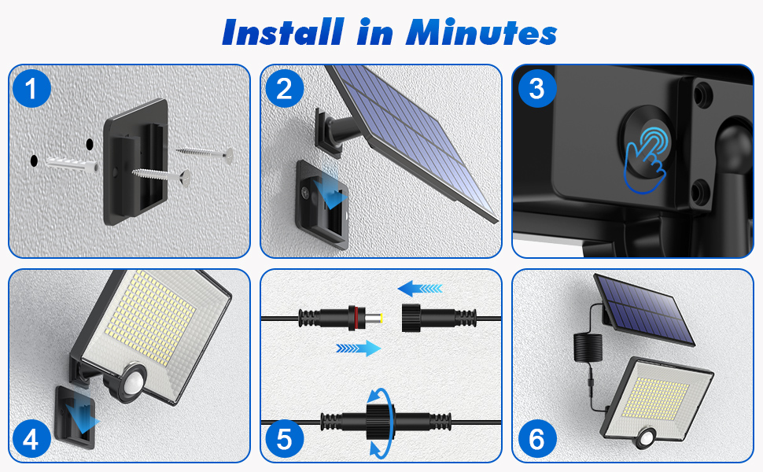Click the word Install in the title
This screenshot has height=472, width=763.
tap(282, 32)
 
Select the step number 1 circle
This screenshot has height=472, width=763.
tap(31, 89)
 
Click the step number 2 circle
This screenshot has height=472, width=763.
tap(284, 89)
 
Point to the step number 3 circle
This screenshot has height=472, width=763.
tap(536, 89)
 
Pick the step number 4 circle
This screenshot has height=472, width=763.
tap(31, 439)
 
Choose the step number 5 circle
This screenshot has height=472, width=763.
tap(284, 439)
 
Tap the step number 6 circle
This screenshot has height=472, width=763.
tap(536, 439)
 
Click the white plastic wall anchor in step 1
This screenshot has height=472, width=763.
tap(73, 164)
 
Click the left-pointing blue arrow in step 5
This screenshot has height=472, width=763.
tap(420, 289)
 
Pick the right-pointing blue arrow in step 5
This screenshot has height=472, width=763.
tap(359, 348)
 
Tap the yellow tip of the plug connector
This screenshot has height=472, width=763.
tap(381, 318)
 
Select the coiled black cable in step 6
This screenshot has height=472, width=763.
tap(588, 347)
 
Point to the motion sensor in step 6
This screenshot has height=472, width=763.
tap(647, 437)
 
